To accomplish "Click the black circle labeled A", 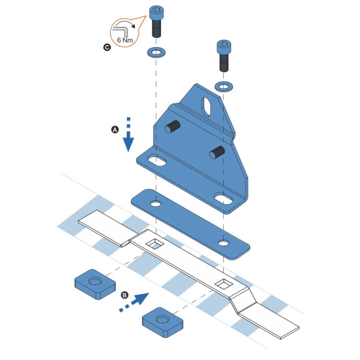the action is tap(115, 130).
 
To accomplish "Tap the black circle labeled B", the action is tap(124, 295).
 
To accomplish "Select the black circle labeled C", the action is tap(107, 48).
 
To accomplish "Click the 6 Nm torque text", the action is tap(125, 40).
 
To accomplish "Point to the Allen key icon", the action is tap(122, 30).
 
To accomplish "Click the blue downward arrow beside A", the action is tap(128, 135).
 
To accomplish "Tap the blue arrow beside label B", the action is tap(134, 302).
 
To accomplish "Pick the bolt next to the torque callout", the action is tap(156, 22).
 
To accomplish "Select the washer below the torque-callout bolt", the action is tap(156, 52).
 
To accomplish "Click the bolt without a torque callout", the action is tap(224, 56).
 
